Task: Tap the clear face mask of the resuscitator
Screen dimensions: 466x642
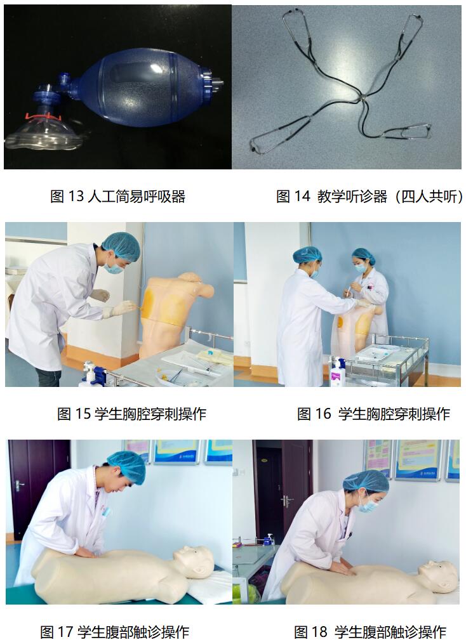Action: coord(43,135)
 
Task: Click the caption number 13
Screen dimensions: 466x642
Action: coord(76,196)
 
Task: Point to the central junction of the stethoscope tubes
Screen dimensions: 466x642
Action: coord(362,98)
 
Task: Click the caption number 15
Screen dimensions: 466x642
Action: coord(83,414)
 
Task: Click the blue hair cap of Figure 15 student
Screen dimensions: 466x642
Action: coord(121,246)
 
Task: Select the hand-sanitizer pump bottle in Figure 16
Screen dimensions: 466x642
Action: coord(336,372)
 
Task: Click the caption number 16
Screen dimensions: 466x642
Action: coord(323,414)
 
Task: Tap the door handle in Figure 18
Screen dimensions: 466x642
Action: coord(288,501)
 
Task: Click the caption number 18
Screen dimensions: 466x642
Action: coord(320,631)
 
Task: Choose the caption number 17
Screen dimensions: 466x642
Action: coord(65,631)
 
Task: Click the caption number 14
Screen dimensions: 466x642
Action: coord(302,196)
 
